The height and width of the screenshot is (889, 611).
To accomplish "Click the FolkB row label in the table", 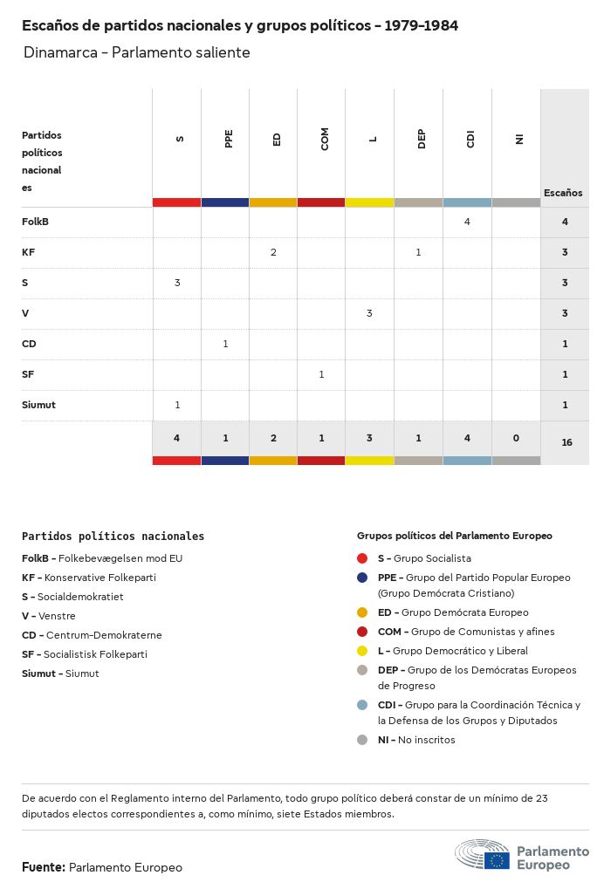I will (x=36, y=222).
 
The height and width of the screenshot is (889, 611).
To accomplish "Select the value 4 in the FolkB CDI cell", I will (x=467, y=222).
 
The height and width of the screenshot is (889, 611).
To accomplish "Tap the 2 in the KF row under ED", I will (x=273, y=252).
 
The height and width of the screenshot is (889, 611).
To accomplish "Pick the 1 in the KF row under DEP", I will (x=418, y=252).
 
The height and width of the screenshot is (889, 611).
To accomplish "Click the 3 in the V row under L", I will (x=369, y=313).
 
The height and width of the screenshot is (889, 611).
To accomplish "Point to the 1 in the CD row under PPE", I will (x=225, y=344).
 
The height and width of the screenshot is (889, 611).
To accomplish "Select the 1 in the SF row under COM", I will (x=321, y=374).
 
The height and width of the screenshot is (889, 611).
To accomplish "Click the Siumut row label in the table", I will (x=38, y=405).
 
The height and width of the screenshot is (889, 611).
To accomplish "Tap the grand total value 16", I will (x=566, y=442).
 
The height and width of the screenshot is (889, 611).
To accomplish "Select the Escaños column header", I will (x=563, y=193).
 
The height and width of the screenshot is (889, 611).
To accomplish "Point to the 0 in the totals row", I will (x=515, y=438).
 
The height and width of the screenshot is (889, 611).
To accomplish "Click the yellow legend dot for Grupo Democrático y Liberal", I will (x=362, y=651).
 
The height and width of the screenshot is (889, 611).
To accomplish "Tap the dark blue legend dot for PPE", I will (x=362, y=578).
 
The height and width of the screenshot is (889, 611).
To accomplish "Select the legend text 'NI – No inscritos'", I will (x=416, y=740).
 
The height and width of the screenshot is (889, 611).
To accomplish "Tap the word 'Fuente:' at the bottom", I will (x=44, y=867).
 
